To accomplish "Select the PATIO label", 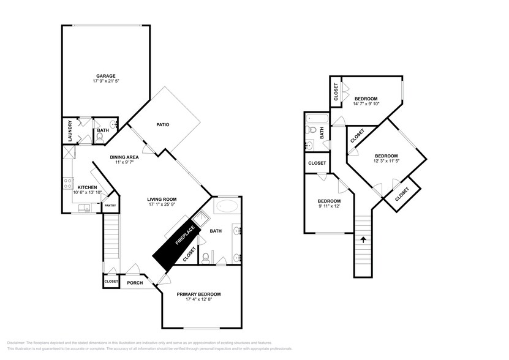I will click(x=162, y=124).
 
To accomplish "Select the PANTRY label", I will click(x=110, y=206).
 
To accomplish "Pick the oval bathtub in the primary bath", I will click(x=226, y=206).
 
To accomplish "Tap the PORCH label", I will click(x=134, y=282).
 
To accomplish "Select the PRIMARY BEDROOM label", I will click(x=198, y=294).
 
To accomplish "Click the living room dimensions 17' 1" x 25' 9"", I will click(x=162, y=205).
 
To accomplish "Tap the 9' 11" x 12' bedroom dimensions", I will click(x=329, y=207).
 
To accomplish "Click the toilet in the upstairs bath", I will click(x=312, y=130).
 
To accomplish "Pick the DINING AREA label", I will click(x=124, y=157).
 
